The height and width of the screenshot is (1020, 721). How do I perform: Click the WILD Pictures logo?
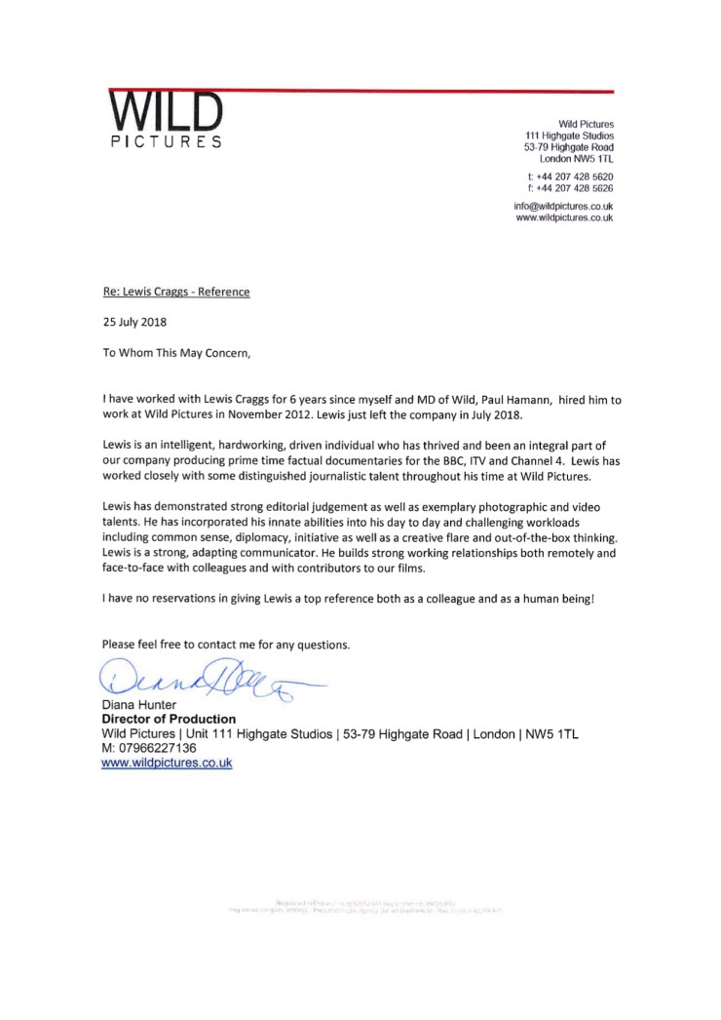(165, 121)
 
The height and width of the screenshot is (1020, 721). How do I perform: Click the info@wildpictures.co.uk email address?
(563, 207)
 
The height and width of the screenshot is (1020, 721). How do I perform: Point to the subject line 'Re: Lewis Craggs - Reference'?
(176, 292)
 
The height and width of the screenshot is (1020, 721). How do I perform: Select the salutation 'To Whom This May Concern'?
(176, 353)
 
